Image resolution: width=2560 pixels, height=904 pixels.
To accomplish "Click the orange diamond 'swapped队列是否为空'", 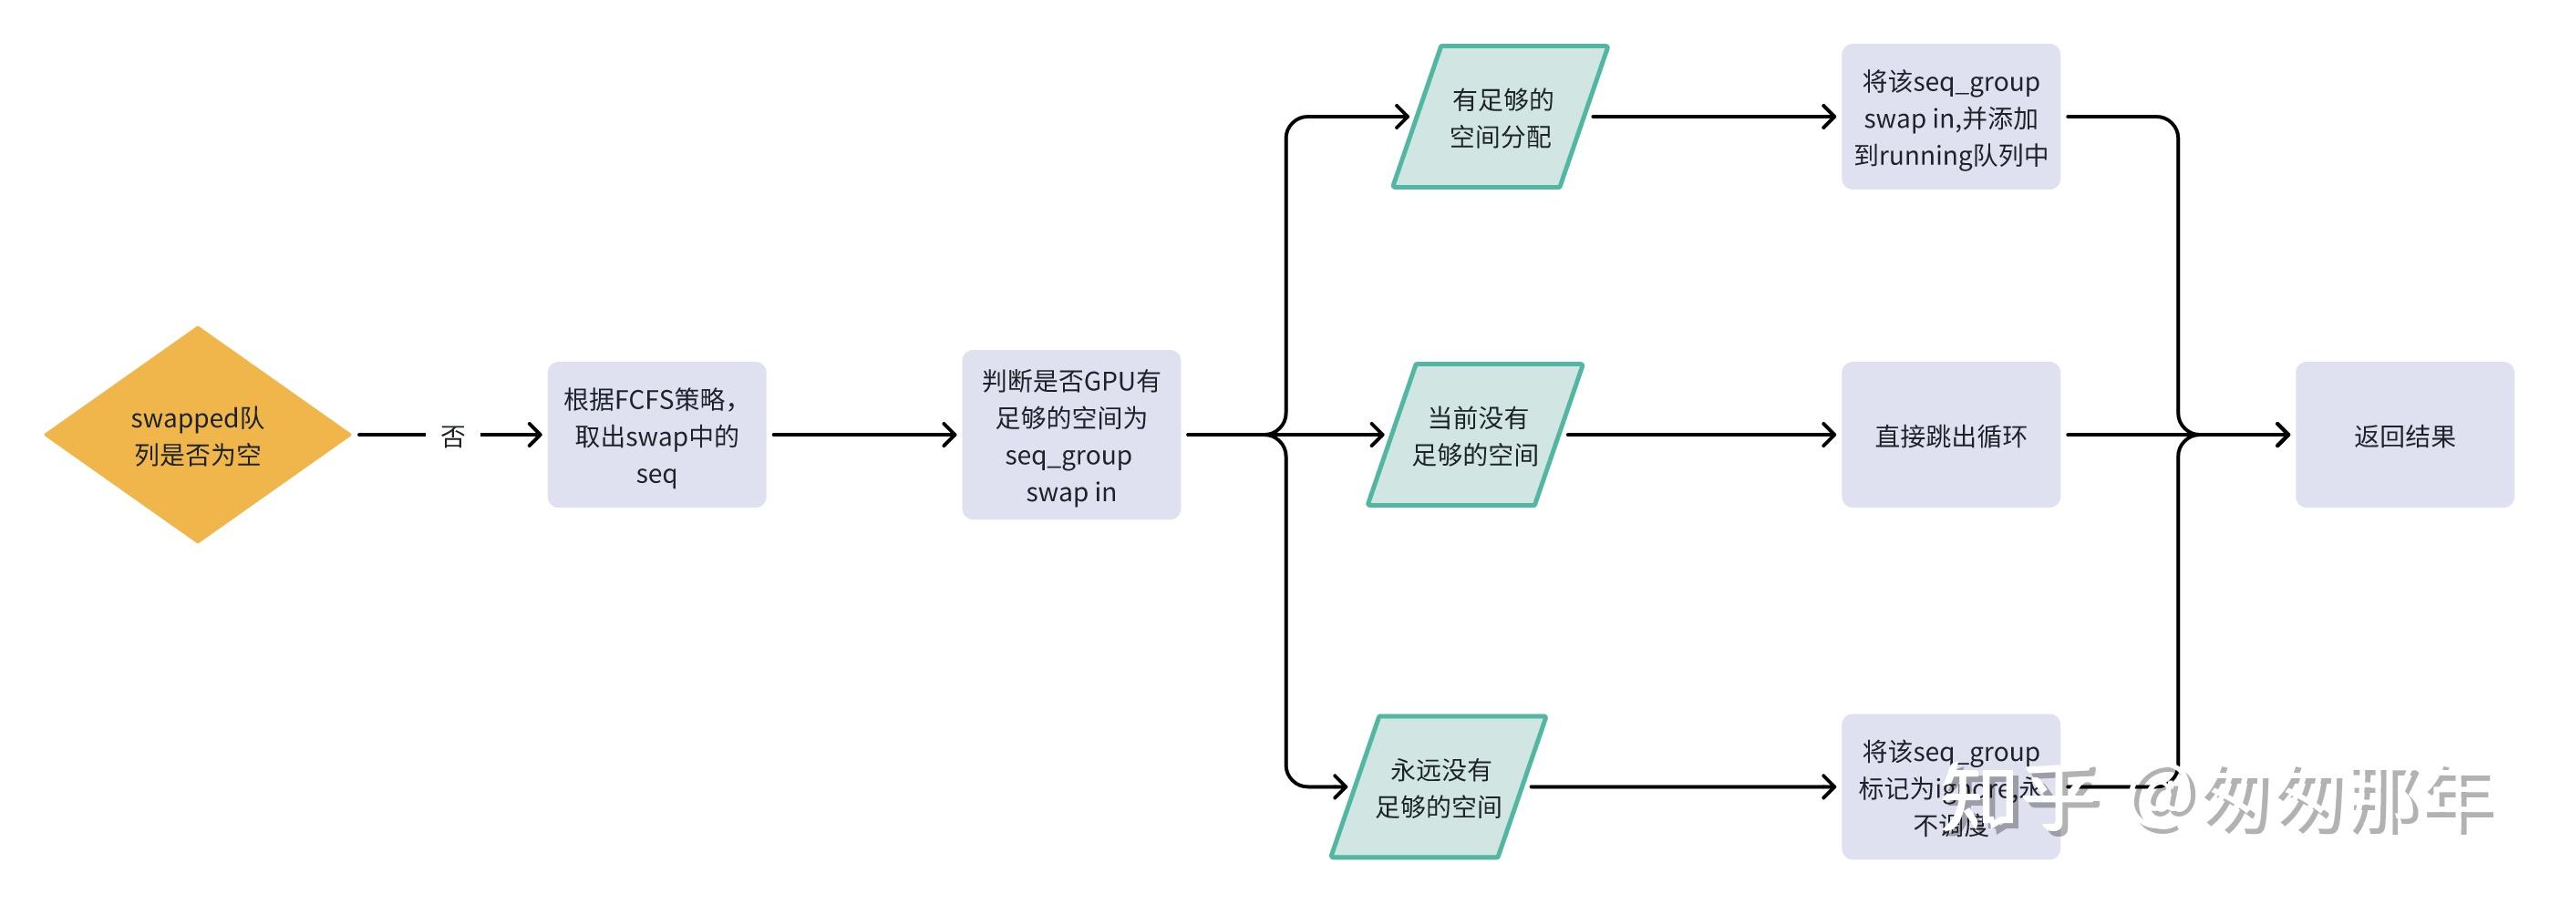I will pyautogui.click(x=197, y=435).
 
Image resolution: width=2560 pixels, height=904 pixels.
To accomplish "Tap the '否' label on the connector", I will pyautogui.click(x=453, y=437).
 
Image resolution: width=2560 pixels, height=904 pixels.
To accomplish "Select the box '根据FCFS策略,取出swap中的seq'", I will pyautogui.click(x=655, y=435).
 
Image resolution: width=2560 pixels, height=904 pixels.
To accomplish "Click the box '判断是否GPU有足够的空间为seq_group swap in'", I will pyautogui.click(x=1070, y=435).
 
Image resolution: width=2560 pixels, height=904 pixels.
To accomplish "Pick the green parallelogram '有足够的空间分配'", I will pyautogui.click(x=1500, y=118).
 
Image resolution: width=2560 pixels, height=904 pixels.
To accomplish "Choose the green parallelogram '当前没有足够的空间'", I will pyautogui.click(x=1475, y=435).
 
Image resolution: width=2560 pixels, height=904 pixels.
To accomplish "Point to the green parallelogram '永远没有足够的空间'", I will pyautogui.click(x=1438, y=786).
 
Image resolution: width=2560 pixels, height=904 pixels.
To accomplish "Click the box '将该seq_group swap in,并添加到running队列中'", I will pyautogui.click(x=1950, y=118).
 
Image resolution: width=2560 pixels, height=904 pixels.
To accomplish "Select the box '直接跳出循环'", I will pyautogui.click(x=1950, y=435).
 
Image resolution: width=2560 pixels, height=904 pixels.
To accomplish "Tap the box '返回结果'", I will pyautogui.click(x=2404, y=435).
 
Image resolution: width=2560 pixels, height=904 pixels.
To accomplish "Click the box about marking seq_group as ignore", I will pyautogui.click(x=1950, y=786).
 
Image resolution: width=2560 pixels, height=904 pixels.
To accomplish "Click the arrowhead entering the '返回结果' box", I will pyautogui.click(x=2282, y=434).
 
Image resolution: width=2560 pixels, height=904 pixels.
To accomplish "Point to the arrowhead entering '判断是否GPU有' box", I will pyautogui.click(x=949, y=434).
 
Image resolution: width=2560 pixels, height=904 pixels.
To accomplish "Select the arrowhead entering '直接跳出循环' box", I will pyautogui.click(x=1829, y=434).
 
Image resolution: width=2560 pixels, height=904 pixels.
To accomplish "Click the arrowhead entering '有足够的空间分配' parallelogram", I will pyautogui.click(x=1402, y=118).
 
